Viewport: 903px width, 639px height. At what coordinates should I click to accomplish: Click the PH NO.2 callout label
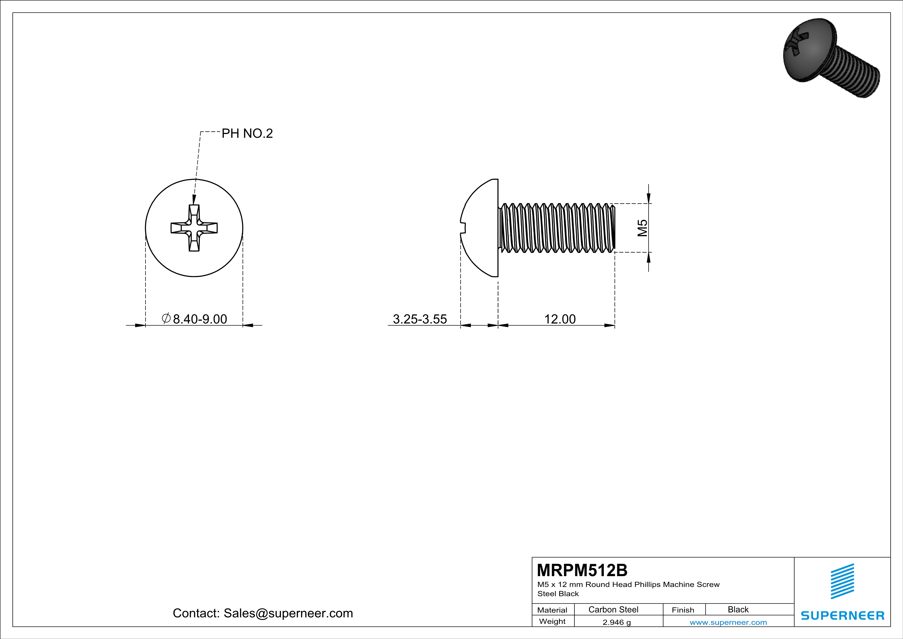[x=247, y=134]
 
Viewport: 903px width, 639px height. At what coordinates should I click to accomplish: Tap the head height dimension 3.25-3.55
[x=420, y=319]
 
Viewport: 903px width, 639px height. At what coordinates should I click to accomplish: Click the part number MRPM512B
[x=582, y=570]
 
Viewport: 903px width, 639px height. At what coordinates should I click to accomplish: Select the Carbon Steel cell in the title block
[x=613, y=609]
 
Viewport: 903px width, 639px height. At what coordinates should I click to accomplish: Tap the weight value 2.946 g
[x=616, y=622]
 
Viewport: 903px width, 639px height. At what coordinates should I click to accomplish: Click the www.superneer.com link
[x=728, y=622]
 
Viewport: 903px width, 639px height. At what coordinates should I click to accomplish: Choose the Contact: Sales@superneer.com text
[x=263, y=613]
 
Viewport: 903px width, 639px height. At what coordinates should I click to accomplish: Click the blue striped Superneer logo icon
[x=842, y=581]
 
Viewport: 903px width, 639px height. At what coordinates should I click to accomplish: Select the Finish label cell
[x=683, y=610]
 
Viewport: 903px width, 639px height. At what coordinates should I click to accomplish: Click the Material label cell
[x=552, y=610]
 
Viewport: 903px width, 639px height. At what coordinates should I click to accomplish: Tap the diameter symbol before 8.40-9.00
[x=166, y=318]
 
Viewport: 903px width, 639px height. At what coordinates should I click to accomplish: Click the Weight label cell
[x=552, y=621]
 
